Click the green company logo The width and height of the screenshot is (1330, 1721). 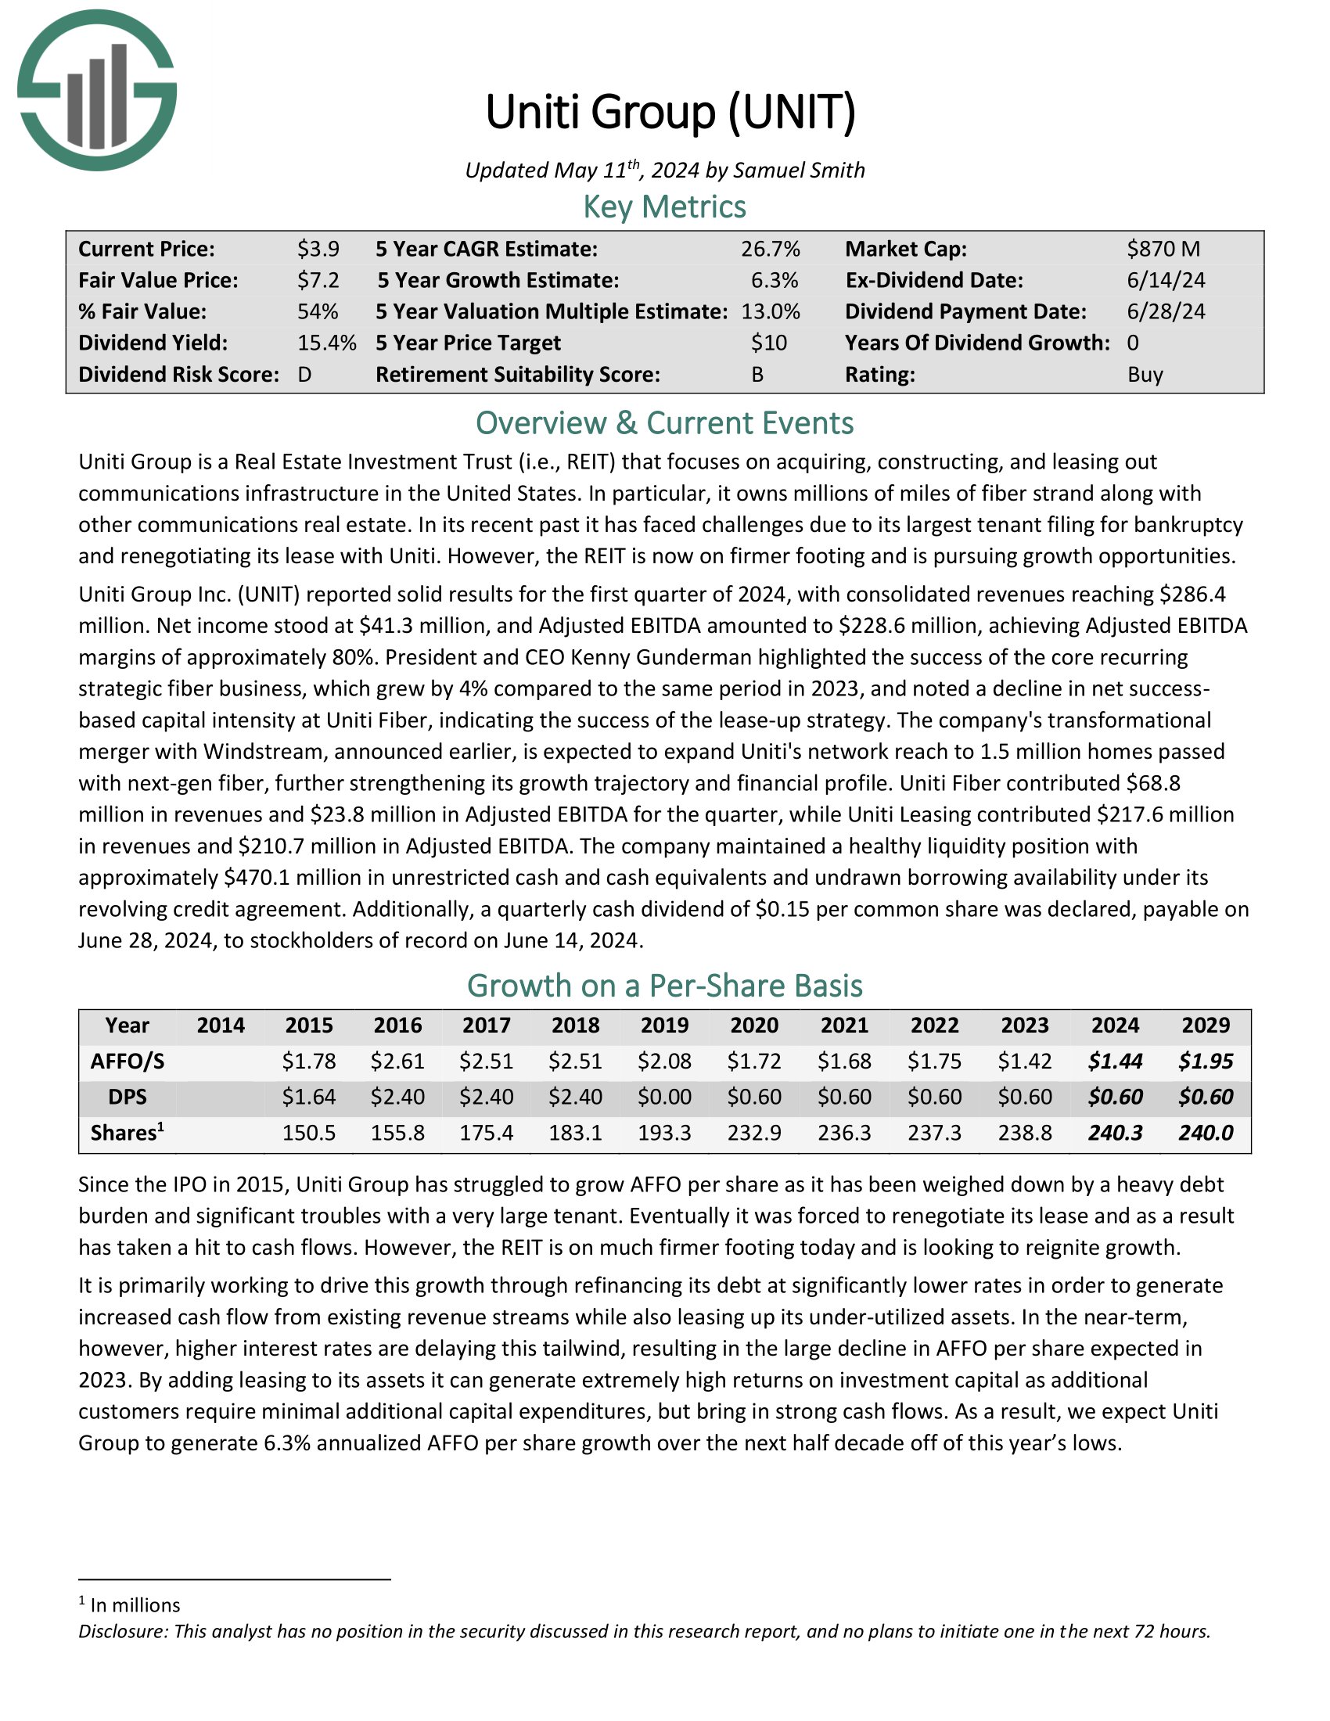pos(97,90)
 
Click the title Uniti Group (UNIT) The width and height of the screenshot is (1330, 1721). pos(670,112)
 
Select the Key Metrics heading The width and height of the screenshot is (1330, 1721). pos(664,207)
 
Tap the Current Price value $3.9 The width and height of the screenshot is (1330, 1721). pos(318,249)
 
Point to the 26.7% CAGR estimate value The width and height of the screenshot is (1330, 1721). pos(770,249)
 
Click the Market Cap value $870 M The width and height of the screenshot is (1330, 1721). pos(1163,249)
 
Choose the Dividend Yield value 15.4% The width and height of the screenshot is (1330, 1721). pos(326,343)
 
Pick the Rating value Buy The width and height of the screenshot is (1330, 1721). pos(1145,374)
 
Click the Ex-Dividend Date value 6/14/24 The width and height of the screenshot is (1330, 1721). pos(1166,281)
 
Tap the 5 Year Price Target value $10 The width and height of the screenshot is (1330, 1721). pos(768,343)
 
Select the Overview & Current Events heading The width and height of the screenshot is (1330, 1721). pos(664,423)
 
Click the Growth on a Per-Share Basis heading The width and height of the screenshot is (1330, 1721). pos(664,986)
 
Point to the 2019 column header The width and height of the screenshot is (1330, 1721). pos(664,1026)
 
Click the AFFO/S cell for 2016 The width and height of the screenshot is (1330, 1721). pos(397,1062)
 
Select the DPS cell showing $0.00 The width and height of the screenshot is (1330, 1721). pos(664,1097)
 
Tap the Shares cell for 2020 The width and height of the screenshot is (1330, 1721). pos(754,1134)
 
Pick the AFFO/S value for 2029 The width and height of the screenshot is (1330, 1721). pos(1206,1062)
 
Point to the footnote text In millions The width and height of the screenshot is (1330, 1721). pos(135,1605)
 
